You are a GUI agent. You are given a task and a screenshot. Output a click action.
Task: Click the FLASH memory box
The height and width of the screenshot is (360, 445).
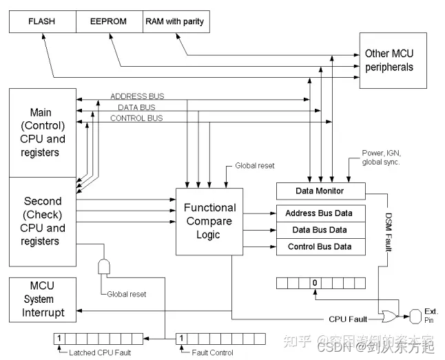[41, 21]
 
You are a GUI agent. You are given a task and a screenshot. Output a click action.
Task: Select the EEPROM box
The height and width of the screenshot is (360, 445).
[108, 21]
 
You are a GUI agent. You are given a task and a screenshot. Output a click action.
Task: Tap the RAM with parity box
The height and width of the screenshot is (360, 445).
[174, 21]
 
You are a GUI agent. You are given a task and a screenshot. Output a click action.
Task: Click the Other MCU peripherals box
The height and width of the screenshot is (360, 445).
[389, 61]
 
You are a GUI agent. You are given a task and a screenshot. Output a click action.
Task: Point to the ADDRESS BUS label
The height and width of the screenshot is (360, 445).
[137, 96]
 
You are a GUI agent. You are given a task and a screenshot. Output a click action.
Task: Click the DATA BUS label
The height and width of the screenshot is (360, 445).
[137, 107]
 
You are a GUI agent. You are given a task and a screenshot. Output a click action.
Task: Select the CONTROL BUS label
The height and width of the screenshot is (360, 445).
[136, 118]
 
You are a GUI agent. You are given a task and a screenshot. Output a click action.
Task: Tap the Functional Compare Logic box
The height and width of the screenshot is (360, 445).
[209, 221]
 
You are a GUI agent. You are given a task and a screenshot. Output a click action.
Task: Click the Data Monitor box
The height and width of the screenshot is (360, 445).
[319, 191]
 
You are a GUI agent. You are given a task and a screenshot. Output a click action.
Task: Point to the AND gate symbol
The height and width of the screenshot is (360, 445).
[105, 266]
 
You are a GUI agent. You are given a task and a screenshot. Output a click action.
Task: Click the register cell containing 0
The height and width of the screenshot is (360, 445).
[314, 282]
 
